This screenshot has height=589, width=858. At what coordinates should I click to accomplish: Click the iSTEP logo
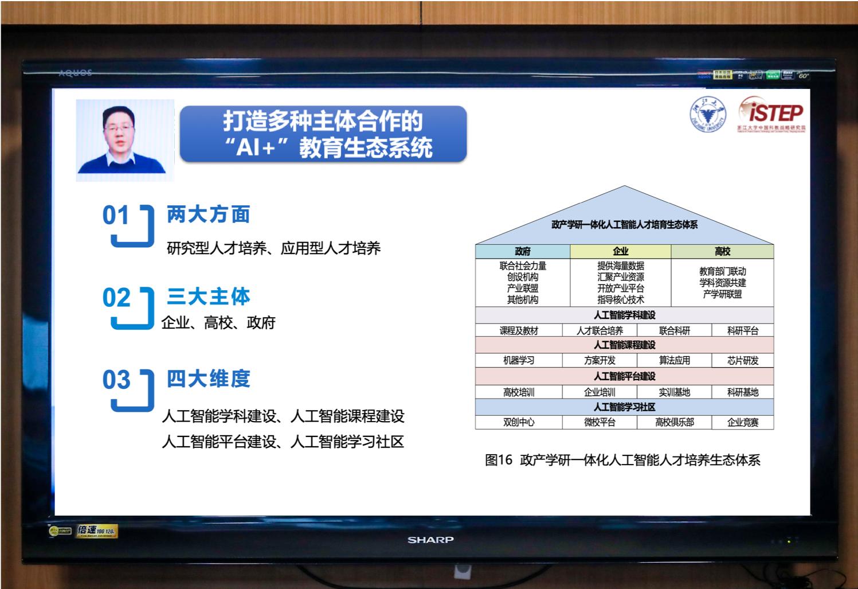[771, 113]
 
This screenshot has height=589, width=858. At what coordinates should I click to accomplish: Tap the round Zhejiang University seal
[707, 114]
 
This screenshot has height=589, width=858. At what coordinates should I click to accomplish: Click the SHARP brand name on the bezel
[430, 540]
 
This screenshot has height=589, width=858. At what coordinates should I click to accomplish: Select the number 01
[116, 216]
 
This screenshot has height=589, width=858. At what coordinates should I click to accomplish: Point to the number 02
[116, 298]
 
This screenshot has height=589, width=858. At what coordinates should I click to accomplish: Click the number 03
[116, 380]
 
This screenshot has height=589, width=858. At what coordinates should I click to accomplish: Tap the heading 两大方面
[208, 214]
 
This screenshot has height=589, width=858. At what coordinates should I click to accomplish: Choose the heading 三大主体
[208, 297]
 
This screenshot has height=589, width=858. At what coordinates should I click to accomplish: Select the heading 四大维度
[208, 379]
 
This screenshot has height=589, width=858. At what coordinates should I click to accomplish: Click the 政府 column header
[522, 251]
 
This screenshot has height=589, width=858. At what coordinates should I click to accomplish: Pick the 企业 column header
[620, 251]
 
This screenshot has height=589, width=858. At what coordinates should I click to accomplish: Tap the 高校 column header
[722, 251]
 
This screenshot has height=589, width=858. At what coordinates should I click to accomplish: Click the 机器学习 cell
[519, 360]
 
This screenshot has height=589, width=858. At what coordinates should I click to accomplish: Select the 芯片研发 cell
[742, 360]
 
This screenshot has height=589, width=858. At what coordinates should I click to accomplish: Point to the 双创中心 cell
[519, 422]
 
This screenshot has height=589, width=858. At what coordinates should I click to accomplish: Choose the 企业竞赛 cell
[742, 422]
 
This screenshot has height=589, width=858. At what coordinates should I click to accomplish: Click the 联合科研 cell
[674, 330]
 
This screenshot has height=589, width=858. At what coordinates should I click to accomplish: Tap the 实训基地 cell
[674, 392]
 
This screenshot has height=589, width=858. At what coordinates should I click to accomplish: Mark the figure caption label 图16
[498, 460]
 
